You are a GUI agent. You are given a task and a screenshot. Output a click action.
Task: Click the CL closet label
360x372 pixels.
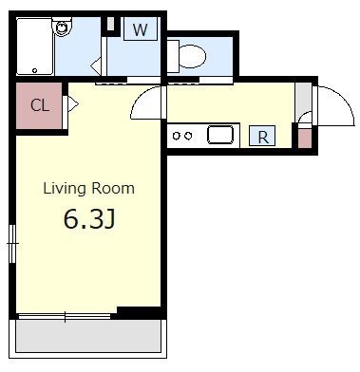[40, 105]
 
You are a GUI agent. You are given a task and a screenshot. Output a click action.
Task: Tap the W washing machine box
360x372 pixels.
[141, 28]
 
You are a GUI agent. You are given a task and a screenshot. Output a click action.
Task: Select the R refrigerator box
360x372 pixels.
[262, 136]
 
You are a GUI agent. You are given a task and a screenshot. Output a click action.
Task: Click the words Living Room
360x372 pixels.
[88, 189]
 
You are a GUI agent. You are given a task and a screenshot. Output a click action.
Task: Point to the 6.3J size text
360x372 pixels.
[89, 218]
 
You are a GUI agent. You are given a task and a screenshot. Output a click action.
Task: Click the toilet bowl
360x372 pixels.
[192, 57]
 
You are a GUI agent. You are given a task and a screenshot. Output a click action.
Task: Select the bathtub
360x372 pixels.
[34, 46]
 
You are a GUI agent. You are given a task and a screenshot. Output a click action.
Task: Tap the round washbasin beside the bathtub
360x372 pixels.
[63, 27]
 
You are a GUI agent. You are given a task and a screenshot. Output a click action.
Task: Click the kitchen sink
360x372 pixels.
[220, 135]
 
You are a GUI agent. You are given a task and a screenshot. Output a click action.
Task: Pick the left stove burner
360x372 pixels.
[177, 136]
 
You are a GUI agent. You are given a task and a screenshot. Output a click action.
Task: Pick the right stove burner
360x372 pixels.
[188, 136]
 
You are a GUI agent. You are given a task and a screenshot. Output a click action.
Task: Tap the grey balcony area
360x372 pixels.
[88, 336]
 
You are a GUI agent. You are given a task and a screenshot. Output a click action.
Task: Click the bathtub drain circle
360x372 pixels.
[35, 70]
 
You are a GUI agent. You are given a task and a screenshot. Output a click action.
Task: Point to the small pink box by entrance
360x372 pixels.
[305, 139]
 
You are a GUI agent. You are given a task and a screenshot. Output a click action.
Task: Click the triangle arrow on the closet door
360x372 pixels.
[73, 103]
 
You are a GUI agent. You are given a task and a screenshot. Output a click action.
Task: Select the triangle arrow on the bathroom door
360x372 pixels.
[96, 66]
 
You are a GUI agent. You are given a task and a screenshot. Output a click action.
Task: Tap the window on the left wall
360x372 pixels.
[12, 244]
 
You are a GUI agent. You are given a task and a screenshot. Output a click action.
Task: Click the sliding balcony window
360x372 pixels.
[65, 316]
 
